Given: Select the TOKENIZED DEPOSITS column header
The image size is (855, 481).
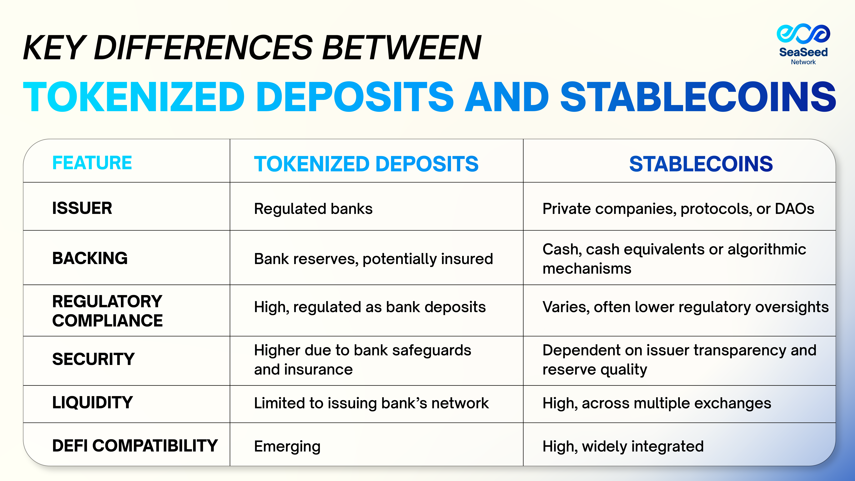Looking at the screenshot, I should tap(366, 164).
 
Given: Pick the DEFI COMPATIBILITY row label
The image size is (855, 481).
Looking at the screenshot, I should tap(135, 446).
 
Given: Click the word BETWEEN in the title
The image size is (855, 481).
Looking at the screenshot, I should tap(402, 48).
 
